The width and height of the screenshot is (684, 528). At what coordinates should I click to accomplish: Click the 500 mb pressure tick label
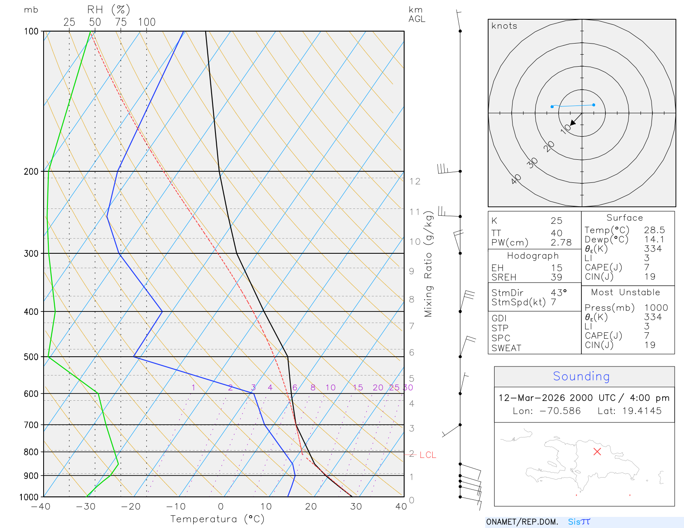pos(31,357)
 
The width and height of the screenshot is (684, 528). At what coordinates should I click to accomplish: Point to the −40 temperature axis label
pos(41,507)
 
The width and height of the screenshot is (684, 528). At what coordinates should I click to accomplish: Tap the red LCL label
pos(427,455)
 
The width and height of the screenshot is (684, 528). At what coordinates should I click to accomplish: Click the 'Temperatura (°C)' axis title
pos(217,519)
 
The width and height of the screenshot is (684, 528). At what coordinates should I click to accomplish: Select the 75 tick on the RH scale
pos(121,22)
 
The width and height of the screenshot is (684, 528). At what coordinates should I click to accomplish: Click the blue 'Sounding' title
pos(581,376)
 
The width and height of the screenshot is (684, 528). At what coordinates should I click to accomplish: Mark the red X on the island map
pos(597,452)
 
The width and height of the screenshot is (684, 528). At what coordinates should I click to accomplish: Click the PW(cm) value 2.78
pos(561,243)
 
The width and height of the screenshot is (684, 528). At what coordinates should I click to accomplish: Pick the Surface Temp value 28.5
pos(655,230)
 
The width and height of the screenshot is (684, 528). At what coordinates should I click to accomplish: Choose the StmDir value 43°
pos(559,293)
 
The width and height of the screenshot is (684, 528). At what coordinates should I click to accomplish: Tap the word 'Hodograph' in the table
pos(533,256)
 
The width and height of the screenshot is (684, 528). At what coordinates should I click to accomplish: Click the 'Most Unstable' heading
pos(625,293)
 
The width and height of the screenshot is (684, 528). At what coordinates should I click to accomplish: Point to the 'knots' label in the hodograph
pos(504,26)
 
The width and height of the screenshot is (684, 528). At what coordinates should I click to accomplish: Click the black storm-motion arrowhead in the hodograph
pos(573,123)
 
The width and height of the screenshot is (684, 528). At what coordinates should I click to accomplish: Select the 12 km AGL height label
pos(415,182)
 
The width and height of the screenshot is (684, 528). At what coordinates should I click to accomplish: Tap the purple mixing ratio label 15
pos(358,387)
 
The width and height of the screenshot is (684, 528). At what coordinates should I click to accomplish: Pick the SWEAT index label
pos(506,348)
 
